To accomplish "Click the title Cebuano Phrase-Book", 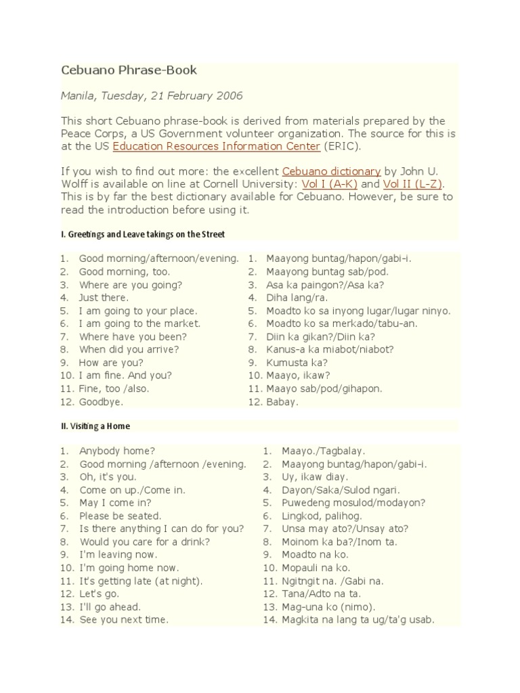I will click(129, 70).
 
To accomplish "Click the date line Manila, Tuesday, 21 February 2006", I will click(152, 96).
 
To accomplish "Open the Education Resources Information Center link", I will click(217, 146).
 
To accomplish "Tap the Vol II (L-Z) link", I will click(413, 184).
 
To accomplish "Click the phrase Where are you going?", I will click(131, 285).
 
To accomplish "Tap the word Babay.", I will click(282, 402).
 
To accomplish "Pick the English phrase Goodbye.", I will click(102, 402).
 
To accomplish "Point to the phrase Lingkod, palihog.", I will click(313, 516).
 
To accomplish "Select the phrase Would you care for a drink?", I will click(145, 542).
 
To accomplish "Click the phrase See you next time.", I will click(124, 620).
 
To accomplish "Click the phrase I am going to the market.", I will click(140, 323).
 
